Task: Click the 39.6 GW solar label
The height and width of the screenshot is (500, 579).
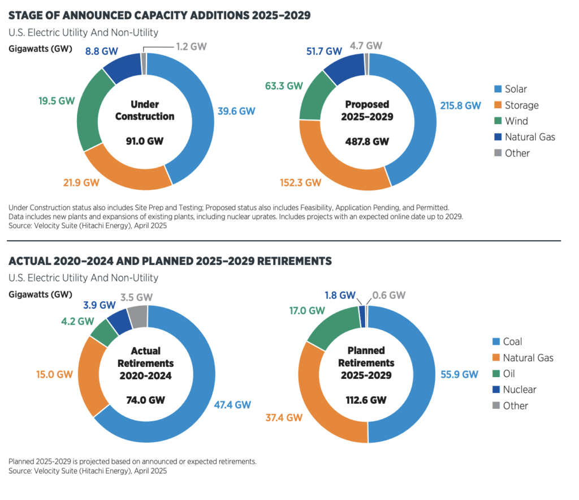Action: point(236,110)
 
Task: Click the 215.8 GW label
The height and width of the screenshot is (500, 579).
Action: point(461,105)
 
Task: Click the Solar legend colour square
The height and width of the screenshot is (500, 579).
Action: point(498,89)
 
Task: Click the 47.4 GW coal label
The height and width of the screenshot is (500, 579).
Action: point(232,404)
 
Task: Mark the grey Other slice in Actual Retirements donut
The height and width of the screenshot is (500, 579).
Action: point(137,316)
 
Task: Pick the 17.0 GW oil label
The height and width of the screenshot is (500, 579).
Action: point(306,310)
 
